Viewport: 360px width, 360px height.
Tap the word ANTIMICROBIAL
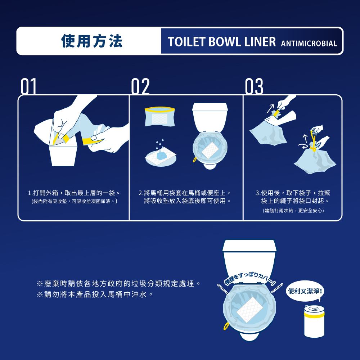coord(309,44)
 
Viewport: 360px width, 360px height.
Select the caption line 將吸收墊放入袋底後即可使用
coord(187,201)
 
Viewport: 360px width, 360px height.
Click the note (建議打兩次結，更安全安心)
coord(293,210)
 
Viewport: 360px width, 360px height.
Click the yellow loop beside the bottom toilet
coord(226,326)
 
